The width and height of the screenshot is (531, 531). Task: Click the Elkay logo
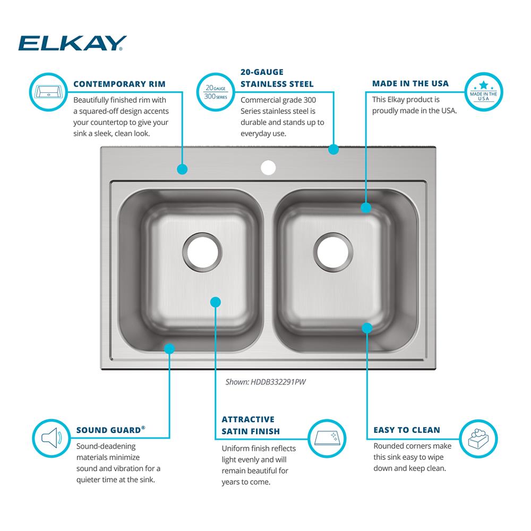(x=72, y=43)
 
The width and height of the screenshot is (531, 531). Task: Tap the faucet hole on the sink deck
(x=268, y=168)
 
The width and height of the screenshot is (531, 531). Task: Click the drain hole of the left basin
(x=202, y=252)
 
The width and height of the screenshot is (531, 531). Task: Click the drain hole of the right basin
(x=333, y=252)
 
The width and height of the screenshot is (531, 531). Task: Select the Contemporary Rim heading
(x=119, y=84)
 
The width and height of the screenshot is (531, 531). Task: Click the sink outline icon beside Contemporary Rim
(x=49, y=92)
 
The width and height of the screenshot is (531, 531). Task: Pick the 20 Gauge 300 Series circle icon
(x=216, y=92)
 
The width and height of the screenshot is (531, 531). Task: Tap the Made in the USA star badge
(x=484, y=92)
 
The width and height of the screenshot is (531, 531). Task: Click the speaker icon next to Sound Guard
(x=52, y=438)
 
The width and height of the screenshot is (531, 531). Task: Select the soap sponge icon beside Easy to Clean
(x=478, y=439)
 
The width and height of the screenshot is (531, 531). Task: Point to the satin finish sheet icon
(x=327, y=439)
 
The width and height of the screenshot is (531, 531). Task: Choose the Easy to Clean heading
(x=407, y=430)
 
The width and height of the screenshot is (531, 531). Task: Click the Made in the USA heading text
(x=410, y=83)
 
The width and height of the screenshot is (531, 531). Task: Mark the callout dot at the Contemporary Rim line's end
(x=182, y=169)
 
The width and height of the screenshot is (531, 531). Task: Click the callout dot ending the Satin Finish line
(x=216, y=302)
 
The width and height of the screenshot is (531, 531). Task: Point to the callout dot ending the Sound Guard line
(x=169, y=348)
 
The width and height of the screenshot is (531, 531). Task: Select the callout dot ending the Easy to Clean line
(x=367, y=328)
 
